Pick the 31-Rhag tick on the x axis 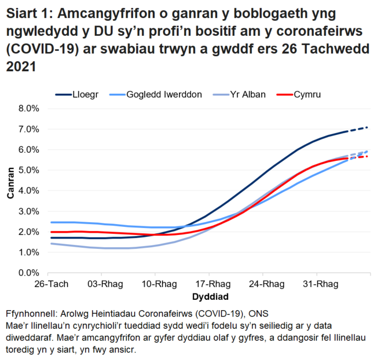[316, 285]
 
